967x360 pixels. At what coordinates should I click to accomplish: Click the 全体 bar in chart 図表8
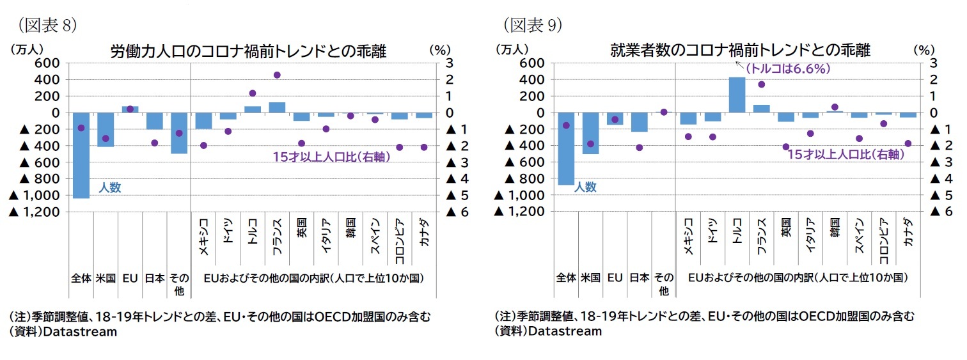coord(81,155)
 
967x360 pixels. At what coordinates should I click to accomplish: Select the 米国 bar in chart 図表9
coord(590,133)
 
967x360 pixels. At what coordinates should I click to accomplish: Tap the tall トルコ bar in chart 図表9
coord(737,95)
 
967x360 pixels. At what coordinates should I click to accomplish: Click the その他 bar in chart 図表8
coord(179,133)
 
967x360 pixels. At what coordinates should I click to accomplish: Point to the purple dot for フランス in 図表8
coord(277,75)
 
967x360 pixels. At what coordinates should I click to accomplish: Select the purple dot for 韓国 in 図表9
coord(835,107)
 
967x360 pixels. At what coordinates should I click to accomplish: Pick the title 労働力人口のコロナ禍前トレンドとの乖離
coord(248,51)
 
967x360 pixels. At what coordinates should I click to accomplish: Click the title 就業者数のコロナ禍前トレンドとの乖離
coord(740,51)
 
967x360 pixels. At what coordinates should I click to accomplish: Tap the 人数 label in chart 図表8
coord(109,188)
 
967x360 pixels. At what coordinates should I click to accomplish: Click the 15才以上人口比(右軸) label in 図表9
coord(845,154)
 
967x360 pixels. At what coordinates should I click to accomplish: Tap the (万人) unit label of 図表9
coord(512,49)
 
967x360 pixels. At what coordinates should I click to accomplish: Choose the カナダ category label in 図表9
coord(908,237)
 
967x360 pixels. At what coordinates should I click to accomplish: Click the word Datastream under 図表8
coord(81,331)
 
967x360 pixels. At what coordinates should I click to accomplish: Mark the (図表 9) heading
coord(532,25)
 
